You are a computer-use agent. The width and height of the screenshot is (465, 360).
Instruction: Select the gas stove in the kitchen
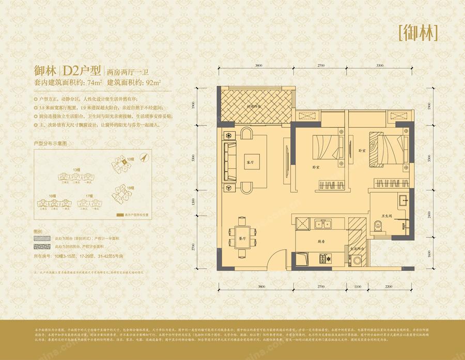[x=326, y=258]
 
